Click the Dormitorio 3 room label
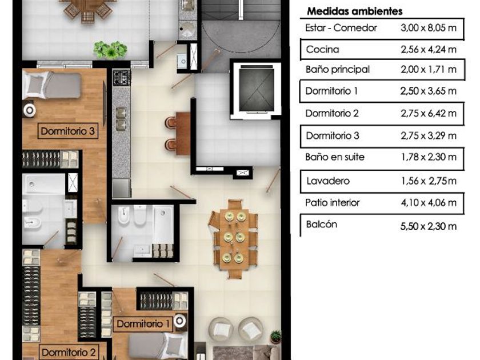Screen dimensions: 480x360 click(x=67, y=131)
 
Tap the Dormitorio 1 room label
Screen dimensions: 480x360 click(x=143, y=324)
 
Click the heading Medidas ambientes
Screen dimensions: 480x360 click(x=354, y=11)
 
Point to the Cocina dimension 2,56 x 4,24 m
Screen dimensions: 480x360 click(x=428, y=49)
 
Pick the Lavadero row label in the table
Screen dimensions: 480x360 click(x=328, y=181)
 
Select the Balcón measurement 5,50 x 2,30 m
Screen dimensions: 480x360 click(x=428, y=226)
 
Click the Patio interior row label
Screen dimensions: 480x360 click(x=332, y=202)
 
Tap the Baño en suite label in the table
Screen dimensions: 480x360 click(x=335, y=157)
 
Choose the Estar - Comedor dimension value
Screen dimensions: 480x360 click(x=428, y=28)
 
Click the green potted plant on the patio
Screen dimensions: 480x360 click(x=110, y=50)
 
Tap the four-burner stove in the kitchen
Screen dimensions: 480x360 click(x=122, y=78)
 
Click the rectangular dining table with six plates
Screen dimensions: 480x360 click(x=234, y=239)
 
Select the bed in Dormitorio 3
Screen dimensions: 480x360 click(x=52, y=85)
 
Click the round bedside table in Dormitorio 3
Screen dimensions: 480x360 click(x=29, y=110)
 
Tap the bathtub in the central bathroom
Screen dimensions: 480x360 click(x=163, y=225)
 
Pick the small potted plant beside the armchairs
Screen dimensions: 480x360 click(x=276, y=336)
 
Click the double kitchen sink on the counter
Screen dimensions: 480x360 click(x=121, y=118)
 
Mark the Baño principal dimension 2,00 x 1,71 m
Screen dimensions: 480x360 click(x=428, y=70)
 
